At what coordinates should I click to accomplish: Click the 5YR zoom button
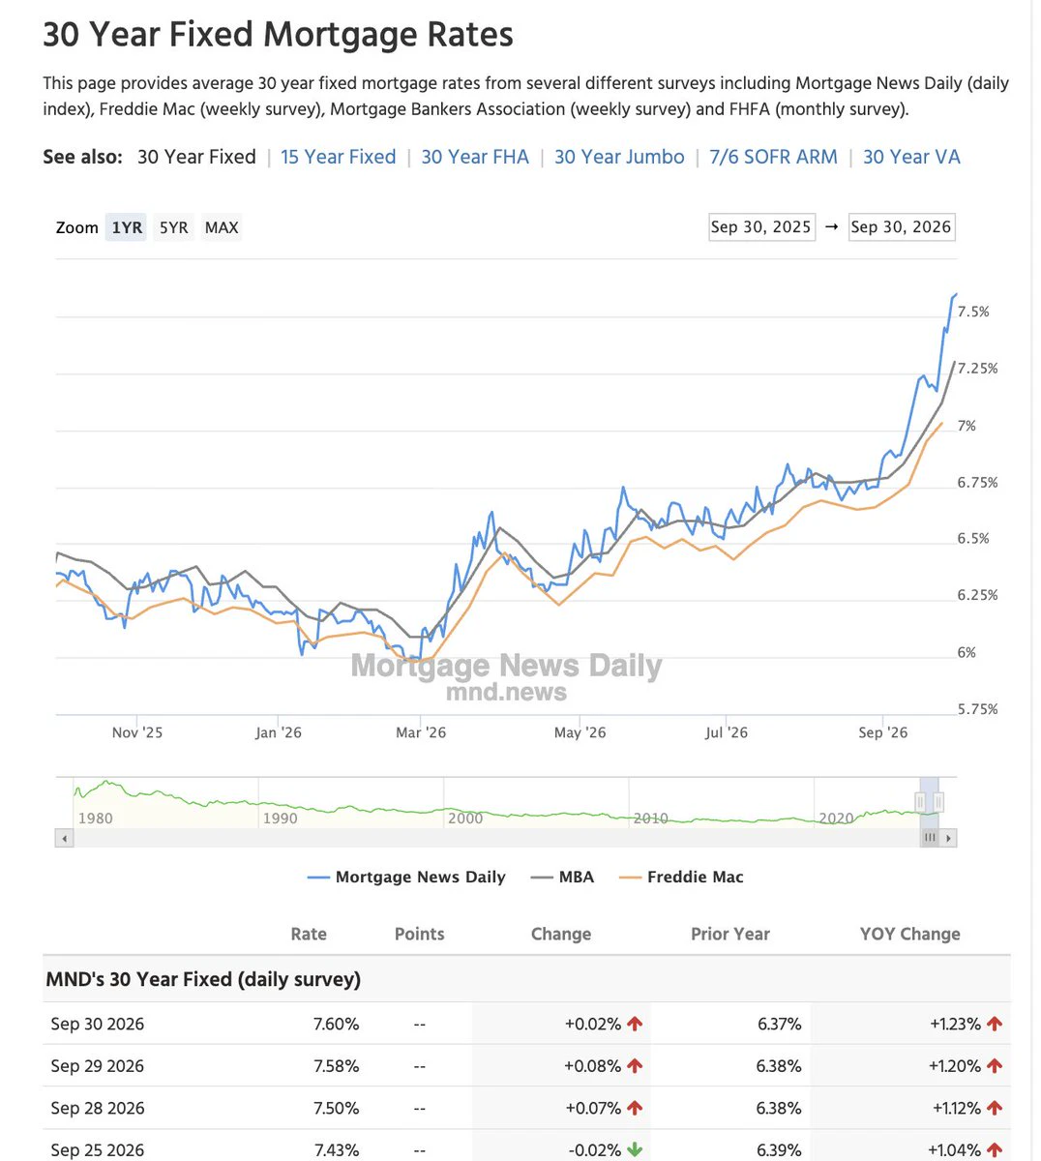click(x=174, y=227)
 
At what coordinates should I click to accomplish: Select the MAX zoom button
click(x=222, y=227)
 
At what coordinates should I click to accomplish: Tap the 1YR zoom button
click(x=126, y=227)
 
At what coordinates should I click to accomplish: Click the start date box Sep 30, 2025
click(x=761, y=227)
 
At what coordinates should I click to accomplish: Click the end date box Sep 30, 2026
click(x=902, y=227)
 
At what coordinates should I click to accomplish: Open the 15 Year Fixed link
click(x=339, y=157)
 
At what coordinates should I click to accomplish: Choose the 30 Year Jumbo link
click(x=619, y=157)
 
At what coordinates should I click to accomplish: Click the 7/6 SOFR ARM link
click(x=773, y=157)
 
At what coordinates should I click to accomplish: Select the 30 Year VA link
click(x=911, y=157)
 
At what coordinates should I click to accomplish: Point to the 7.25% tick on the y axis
click(x=977, y=369)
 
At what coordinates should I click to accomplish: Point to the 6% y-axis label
click(x=967, y=652)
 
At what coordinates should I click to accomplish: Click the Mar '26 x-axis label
click(x=421, y=732)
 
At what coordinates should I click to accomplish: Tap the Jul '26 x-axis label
click(x=727, y=732)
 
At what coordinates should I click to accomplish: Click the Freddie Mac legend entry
click(x=681, y=877)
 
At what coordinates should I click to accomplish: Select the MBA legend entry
click(x=562, y=877)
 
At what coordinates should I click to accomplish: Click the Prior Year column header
click(x=729, y=934)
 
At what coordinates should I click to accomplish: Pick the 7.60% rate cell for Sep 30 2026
click(x=336, y=1024)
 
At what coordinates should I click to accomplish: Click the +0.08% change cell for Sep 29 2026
click(x=592, y=1066)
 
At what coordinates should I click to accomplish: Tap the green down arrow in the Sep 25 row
click(x=634, y=1149)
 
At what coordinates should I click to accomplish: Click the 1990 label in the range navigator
click(x=281, y=818)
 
